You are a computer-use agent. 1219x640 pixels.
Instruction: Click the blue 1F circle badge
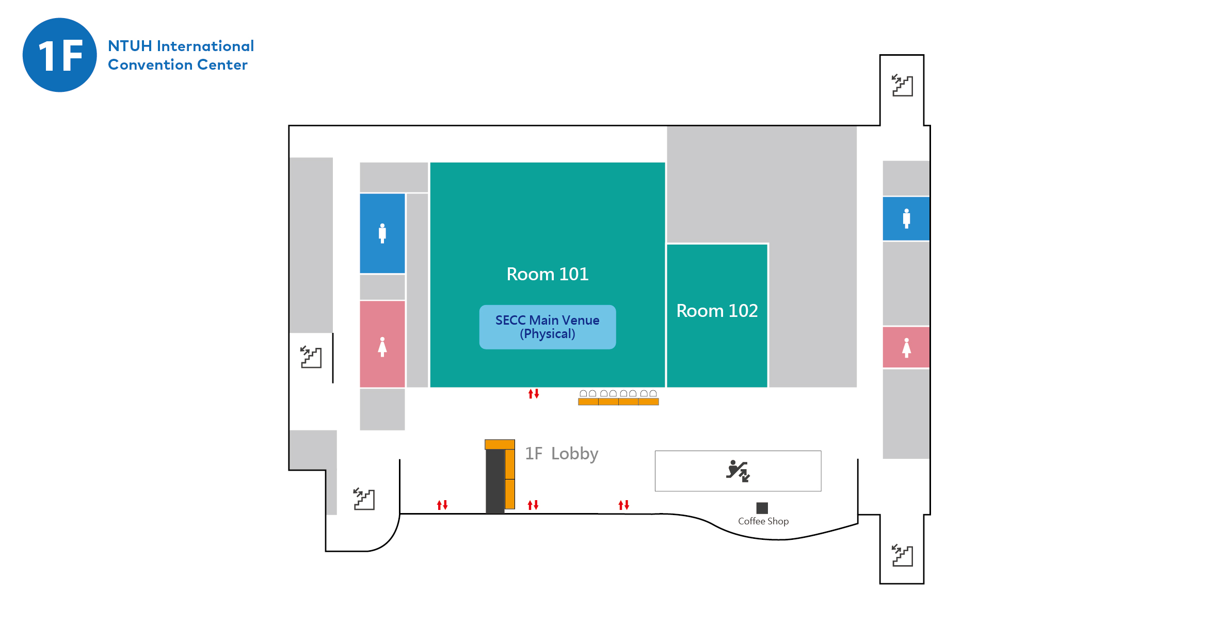[x=60, y=55]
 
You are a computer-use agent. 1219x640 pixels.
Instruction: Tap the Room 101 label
[x=547, y=274]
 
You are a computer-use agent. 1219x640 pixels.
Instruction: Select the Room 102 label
[x=717, y=311]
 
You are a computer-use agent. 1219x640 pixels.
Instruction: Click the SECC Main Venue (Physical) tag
[x=547, y=327]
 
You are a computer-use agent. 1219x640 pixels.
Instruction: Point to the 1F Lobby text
[x=562, y=454]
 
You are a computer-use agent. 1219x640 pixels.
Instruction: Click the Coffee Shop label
[x=763, y=521]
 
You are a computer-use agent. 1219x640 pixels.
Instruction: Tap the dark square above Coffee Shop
[x=762, y=508]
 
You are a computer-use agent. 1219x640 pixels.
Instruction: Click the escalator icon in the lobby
[x=738, y=471]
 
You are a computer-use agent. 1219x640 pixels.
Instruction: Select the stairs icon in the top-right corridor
[x=902, y=85]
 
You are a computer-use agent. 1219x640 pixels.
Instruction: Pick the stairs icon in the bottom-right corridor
[x=902, y=555]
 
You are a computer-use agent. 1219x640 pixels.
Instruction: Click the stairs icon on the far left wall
[x=311, y=357]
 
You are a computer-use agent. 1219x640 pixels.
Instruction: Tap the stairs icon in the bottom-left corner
[x=364, y=499]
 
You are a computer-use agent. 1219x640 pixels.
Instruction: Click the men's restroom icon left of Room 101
[x=382, y=233]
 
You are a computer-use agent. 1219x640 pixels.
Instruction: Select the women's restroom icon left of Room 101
[x=382, y=347]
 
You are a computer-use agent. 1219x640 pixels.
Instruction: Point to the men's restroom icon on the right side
[x=906, y=218]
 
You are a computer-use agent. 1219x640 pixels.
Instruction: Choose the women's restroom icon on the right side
[x=906, y=347]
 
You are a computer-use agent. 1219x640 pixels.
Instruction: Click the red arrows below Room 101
[x=534, y=394]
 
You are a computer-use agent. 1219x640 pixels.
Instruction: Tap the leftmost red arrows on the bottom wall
[x=442, y=505]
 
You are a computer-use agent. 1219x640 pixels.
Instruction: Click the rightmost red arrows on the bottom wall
[x=624, y=505]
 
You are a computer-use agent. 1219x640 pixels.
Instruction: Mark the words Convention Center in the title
[x=178, y=65]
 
